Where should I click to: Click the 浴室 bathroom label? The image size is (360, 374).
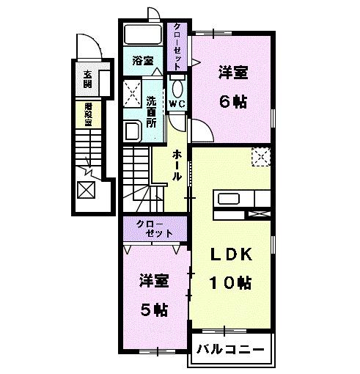pos(142,62)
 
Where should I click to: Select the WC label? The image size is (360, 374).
pos(177,105)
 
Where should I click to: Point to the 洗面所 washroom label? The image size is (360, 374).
pos(150,112)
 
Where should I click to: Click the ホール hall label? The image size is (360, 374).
pos(177,166)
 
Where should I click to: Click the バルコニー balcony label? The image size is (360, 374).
pos(229,350)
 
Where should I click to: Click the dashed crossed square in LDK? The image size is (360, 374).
pos(260,156)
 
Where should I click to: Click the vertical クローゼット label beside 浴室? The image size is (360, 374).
pos(177,46)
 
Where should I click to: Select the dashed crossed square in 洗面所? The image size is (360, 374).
pos(133,92)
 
